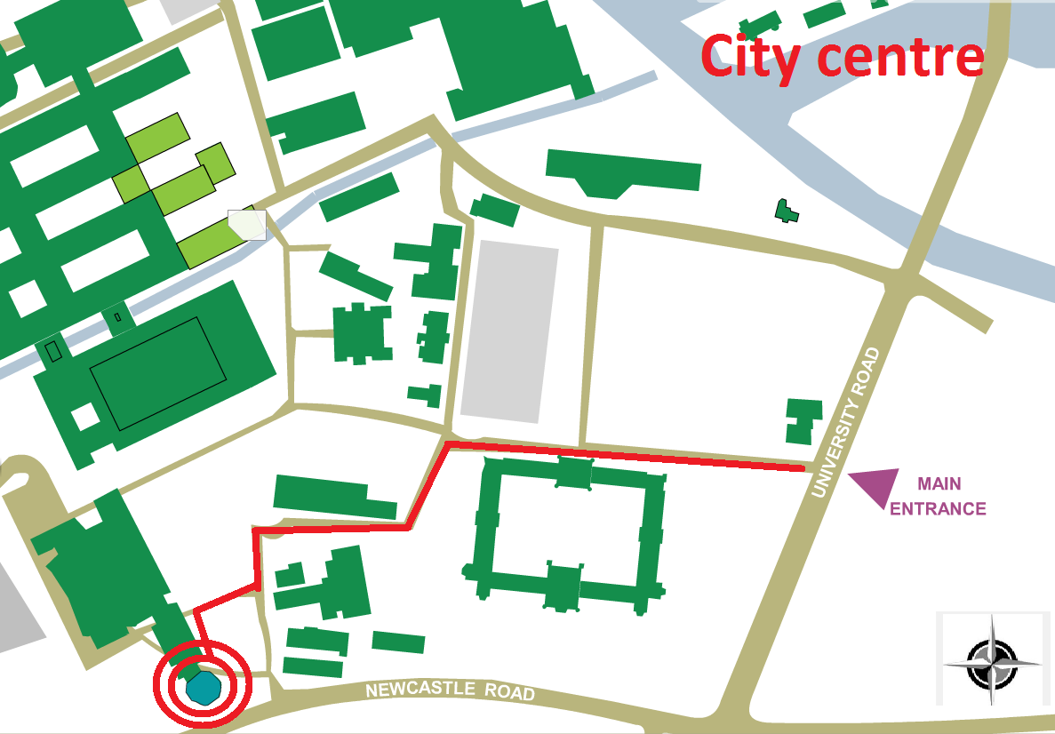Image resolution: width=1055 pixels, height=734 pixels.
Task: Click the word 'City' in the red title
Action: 750,58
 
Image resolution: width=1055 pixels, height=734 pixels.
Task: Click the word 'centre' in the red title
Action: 900,56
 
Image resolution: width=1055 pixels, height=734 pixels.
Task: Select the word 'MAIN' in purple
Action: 939,484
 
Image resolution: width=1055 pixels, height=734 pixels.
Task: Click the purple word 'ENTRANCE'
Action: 938,509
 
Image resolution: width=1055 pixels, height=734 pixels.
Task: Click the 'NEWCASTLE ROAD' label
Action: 450,690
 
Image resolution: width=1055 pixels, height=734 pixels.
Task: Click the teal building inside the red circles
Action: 204,687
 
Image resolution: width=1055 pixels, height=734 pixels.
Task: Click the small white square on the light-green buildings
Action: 247,224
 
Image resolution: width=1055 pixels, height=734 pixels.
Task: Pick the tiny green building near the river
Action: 786,211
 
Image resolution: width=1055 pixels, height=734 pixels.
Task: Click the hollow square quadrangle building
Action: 569,533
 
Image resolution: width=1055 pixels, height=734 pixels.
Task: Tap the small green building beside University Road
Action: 803,420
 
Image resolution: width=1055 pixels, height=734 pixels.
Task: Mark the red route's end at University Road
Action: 802,467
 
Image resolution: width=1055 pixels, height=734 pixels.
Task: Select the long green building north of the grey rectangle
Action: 622,172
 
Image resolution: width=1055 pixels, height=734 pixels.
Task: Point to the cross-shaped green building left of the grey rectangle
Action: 362,333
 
